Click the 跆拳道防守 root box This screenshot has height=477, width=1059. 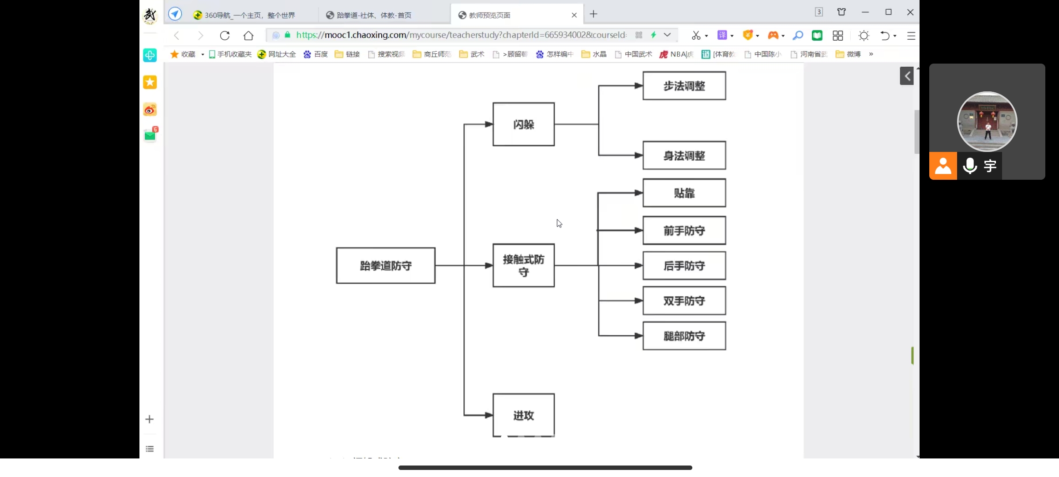pyautogui.click(x=385, y=265)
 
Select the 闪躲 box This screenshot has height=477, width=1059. pyautogui.click(x=523, y=125)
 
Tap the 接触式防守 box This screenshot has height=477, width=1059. pyautogui.click(x=523, y=265)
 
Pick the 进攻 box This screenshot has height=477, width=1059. pyautogui.click(x=523, y=415)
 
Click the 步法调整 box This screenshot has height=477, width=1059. pyautogui.click(x=684, y=86)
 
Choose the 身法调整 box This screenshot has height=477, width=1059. pyautogui.click(x=684, y=155)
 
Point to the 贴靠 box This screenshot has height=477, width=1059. pyautogui.click(x=684, y=193)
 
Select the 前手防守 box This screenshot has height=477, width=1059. pyautogui.click(x=684, y=231)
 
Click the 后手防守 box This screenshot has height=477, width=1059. pyautogui.click(x=684, y=265)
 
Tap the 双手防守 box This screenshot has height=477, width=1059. pyautogui.click(x=684, y=301)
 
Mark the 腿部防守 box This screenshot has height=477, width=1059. pyautogui.click(x=684, y=336)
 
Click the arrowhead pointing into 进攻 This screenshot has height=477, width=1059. pyautogui.click(x=489, y=415)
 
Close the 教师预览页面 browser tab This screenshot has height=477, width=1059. pyautogui.click(x=574, y=15)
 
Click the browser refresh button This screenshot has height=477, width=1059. pyautogui.click(x=225, y=35)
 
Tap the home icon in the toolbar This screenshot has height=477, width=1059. pyautogui.click(x=248, y=35)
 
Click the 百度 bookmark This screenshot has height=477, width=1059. pyautogui.click(x=316, y=54)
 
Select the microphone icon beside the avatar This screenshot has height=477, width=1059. pyautogui.click(x=970, y=166)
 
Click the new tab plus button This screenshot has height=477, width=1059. pyautogui.click(x=593, y=14)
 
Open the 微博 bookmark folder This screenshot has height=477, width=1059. pyautogui.click(x=848, y=54)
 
